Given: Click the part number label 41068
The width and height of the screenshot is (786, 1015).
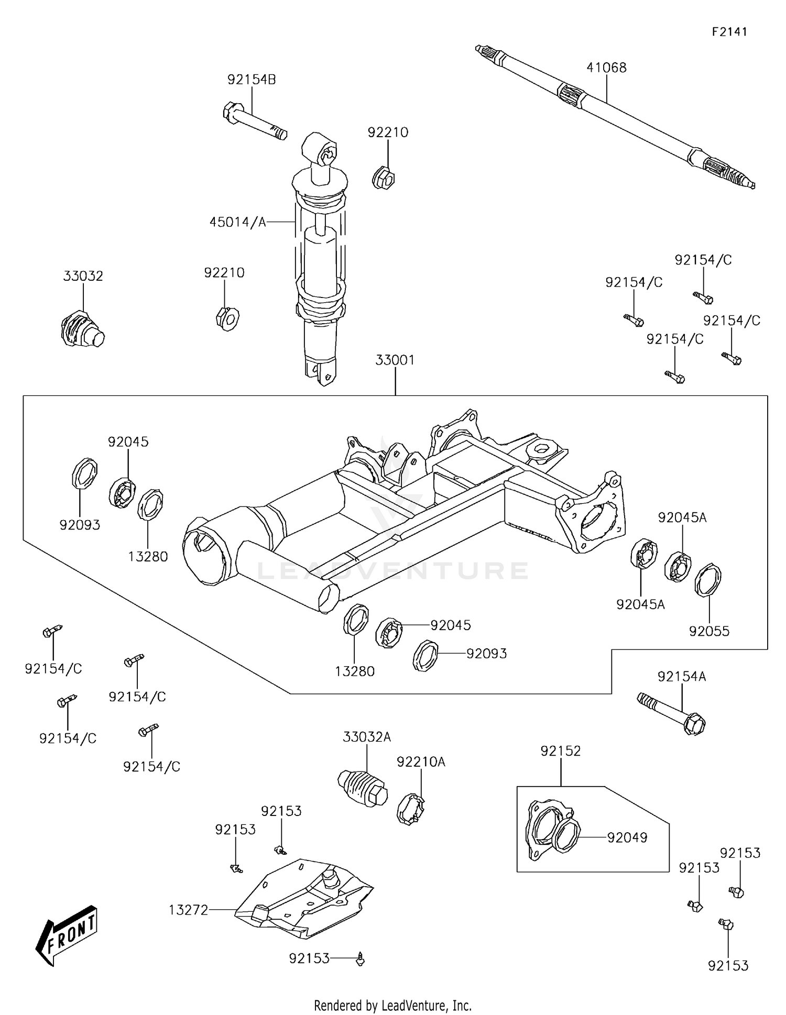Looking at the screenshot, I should (606, 68).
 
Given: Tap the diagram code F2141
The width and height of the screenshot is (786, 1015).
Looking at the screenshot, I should (729, 32).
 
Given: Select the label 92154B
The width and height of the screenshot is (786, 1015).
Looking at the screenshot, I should (252, 80).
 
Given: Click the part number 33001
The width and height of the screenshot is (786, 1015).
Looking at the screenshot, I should (395, 360).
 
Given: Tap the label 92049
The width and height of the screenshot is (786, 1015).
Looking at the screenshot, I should (627, 837).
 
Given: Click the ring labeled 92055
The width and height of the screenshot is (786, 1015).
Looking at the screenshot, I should (708, 579).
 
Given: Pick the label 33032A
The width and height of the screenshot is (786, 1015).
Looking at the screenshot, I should (367, 737).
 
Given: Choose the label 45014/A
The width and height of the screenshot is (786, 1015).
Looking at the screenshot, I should (237, 222).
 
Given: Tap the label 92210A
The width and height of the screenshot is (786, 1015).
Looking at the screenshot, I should (421, 762).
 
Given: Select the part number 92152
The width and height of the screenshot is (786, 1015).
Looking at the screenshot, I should (561, 751).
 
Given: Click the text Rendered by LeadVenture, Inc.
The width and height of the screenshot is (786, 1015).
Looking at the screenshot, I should (392, 1006).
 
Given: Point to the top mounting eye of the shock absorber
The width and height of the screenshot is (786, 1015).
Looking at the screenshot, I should (320, 149).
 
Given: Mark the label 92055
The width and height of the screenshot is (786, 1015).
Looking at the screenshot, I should (709, 631).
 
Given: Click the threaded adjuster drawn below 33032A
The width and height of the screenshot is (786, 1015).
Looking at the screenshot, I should (362, 788).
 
